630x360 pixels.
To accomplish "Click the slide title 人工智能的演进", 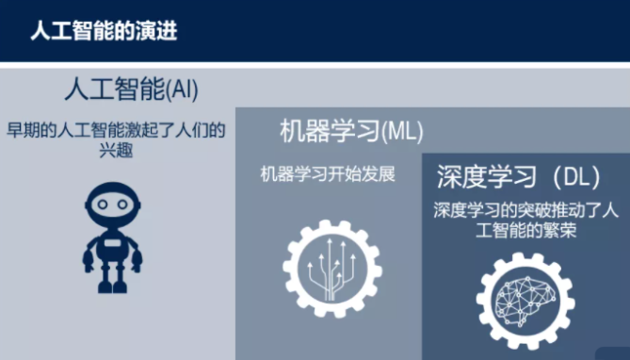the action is [104, 31].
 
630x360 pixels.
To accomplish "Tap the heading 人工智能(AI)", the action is [132, 90].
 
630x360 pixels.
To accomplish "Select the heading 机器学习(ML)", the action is [351, 131].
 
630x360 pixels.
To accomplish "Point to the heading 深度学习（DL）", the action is [518, 176].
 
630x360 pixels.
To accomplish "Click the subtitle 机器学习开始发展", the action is [328, 174].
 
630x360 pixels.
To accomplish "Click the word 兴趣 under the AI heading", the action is [116, 151].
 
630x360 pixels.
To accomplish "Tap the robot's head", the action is [112, 205].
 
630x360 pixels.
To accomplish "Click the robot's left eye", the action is [103, 205].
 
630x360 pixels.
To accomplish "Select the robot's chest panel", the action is [112, 243].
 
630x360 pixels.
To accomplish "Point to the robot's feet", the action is [112, 286].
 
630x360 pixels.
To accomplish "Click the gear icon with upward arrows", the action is [332, 269].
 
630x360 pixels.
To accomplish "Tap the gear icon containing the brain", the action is [525, 302].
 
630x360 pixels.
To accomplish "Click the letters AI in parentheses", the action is [183, 90].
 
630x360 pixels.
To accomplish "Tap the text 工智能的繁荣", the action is [525, 231].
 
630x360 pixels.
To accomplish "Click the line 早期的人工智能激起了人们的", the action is [116, 130].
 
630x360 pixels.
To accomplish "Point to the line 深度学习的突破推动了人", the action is [525, 210].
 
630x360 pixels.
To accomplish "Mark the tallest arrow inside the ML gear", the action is [330, 270].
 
